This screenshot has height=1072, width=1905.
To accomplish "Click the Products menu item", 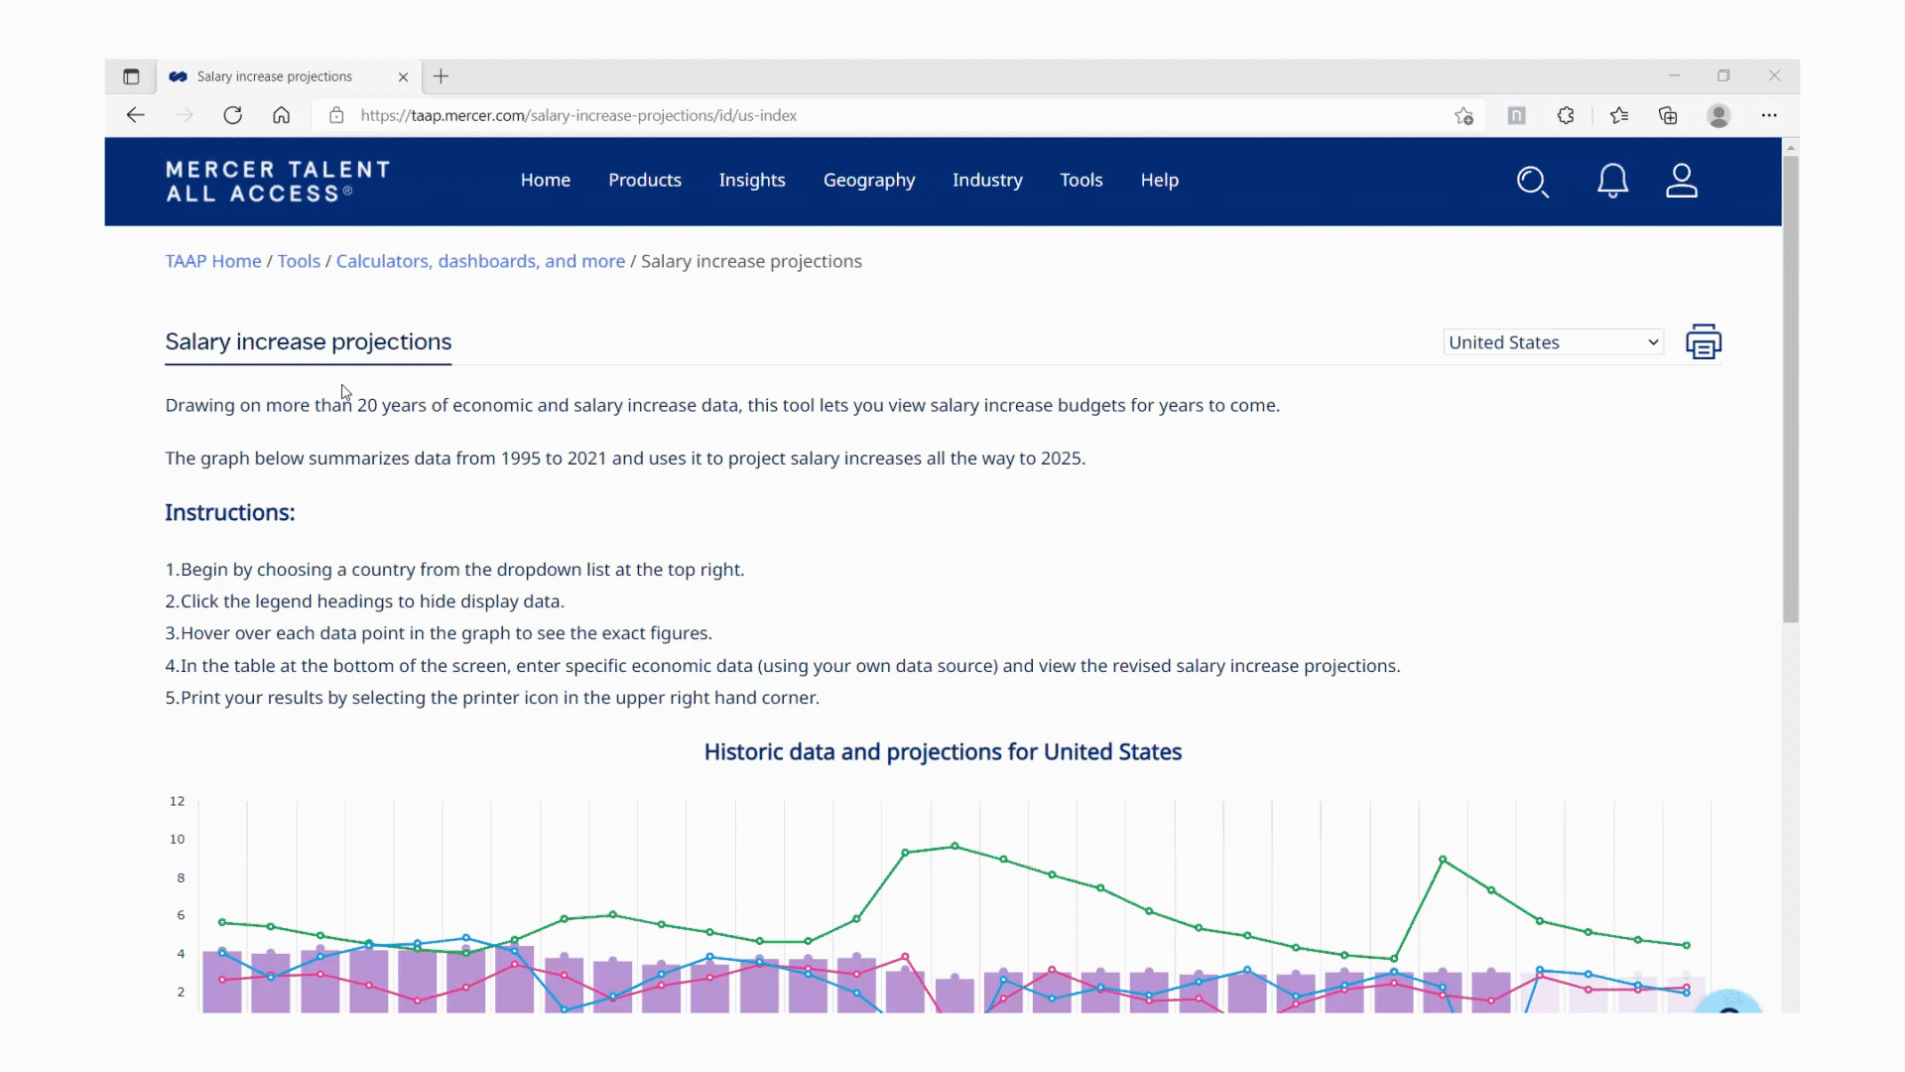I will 645,180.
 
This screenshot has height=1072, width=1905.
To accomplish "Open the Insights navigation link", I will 752,180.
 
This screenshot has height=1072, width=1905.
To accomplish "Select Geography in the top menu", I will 869,180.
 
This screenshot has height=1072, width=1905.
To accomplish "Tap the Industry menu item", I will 987,180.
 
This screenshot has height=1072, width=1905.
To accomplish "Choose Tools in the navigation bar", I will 1080,180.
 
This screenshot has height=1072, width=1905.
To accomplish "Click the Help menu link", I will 1159,180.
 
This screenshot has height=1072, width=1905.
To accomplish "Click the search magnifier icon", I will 1532,181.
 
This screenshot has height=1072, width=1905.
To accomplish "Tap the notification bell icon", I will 1612,181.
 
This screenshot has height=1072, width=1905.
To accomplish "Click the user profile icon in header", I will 1682,181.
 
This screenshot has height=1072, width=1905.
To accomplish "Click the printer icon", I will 1704,341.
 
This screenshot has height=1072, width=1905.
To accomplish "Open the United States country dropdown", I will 1553,342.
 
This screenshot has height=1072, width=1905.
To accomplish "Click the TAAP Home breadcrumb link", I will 213,261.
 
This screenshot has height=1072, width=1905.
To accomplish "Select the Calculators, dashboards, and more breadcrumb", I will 480,261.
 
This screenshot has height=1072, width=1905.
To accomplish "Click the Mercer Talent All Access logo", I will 278,182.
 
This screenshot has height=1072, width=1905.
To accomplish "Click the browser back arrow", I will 136,115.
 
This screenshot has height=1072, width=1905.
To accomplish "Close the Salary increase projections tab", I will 403,76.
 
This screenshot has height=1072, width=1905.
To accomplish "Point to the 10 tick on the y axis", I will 177,839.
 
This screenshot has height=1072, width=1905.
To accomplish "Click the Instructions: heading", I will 230,512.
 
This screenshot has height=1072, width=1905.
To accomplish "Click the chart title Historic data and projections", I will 943,751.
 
